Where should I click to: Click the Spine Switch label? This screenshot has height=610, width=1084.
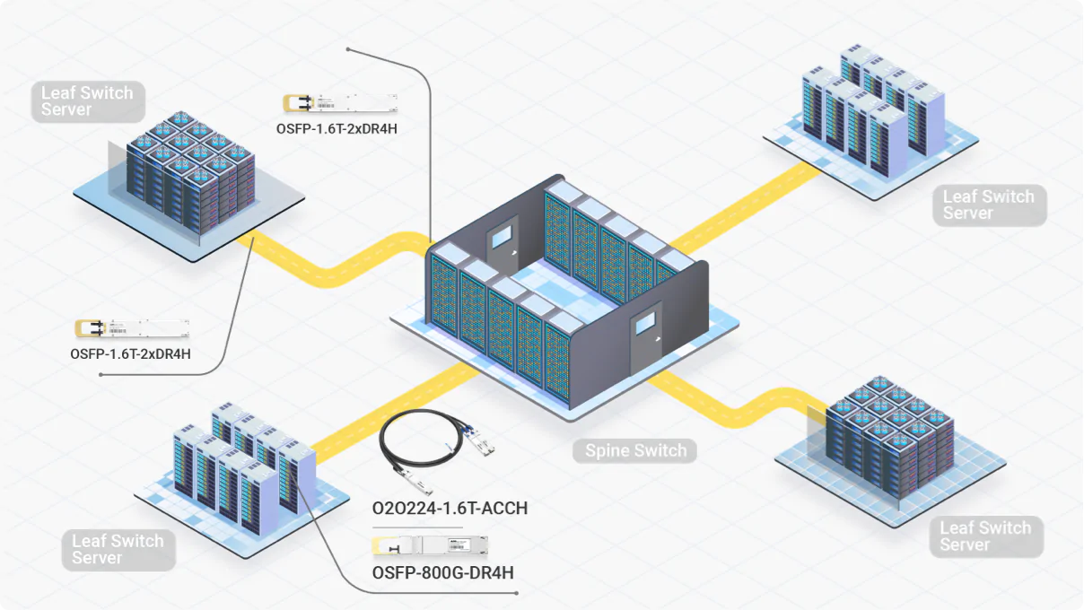635,450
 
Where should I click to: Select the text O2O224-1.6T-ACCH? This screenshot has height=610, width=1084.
450,509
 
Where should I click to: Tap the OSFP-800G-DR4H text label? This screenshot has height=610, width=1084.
442,572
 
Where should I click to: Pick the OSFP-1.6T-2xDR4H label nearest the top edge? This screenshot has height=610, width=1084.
337,128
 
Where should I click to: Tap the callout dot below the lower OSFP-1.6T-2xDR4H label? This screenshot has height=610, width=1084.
101,374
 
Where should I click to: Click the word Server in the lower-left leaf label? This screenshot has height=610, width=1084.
97,558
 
